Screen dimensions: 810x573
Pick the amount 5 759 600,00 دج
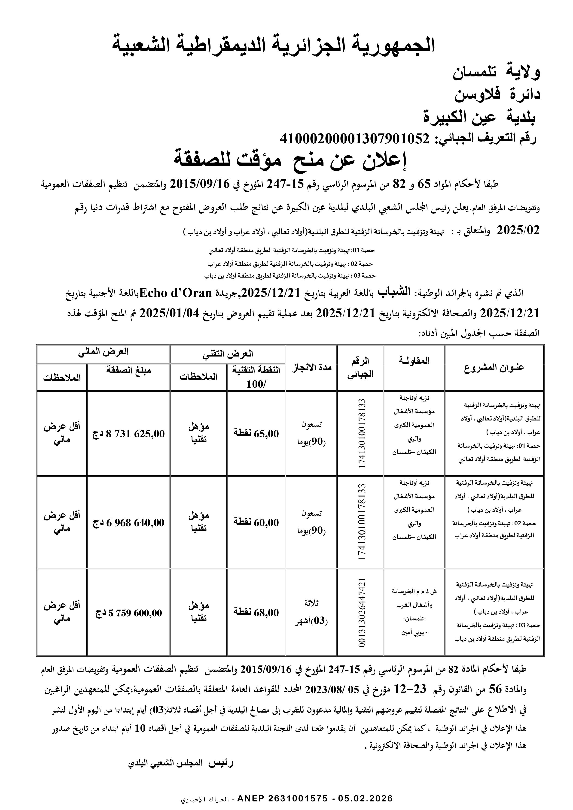[x=129, y=613]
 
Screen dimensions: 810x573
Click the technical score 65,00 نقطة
[x=256, y=434]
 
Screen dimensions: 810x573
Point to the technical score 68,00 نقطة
[x=256, y=613]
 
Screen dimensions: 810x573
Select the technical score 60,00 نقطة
[x=256, y=523]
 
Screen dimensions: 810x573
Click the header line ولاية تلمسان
[x=496, y=73]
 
